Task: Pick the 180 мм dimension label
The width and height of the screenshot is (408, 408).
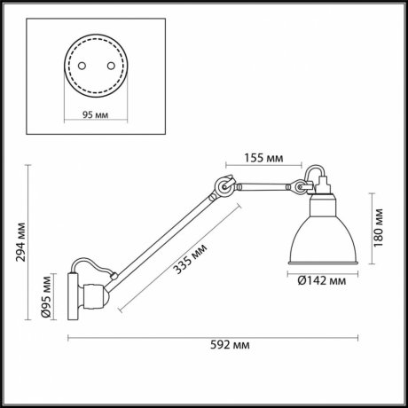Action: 378,227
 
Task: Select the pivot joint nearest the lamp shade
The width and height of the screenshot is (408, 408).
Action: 302,187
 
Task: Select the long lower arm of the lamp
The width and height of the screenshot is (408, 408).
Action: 164,235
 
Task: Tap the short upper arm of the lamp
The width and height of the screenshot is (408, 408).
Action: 262,185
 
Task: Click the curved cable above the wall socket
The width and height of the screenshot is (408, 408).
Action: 93,267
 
